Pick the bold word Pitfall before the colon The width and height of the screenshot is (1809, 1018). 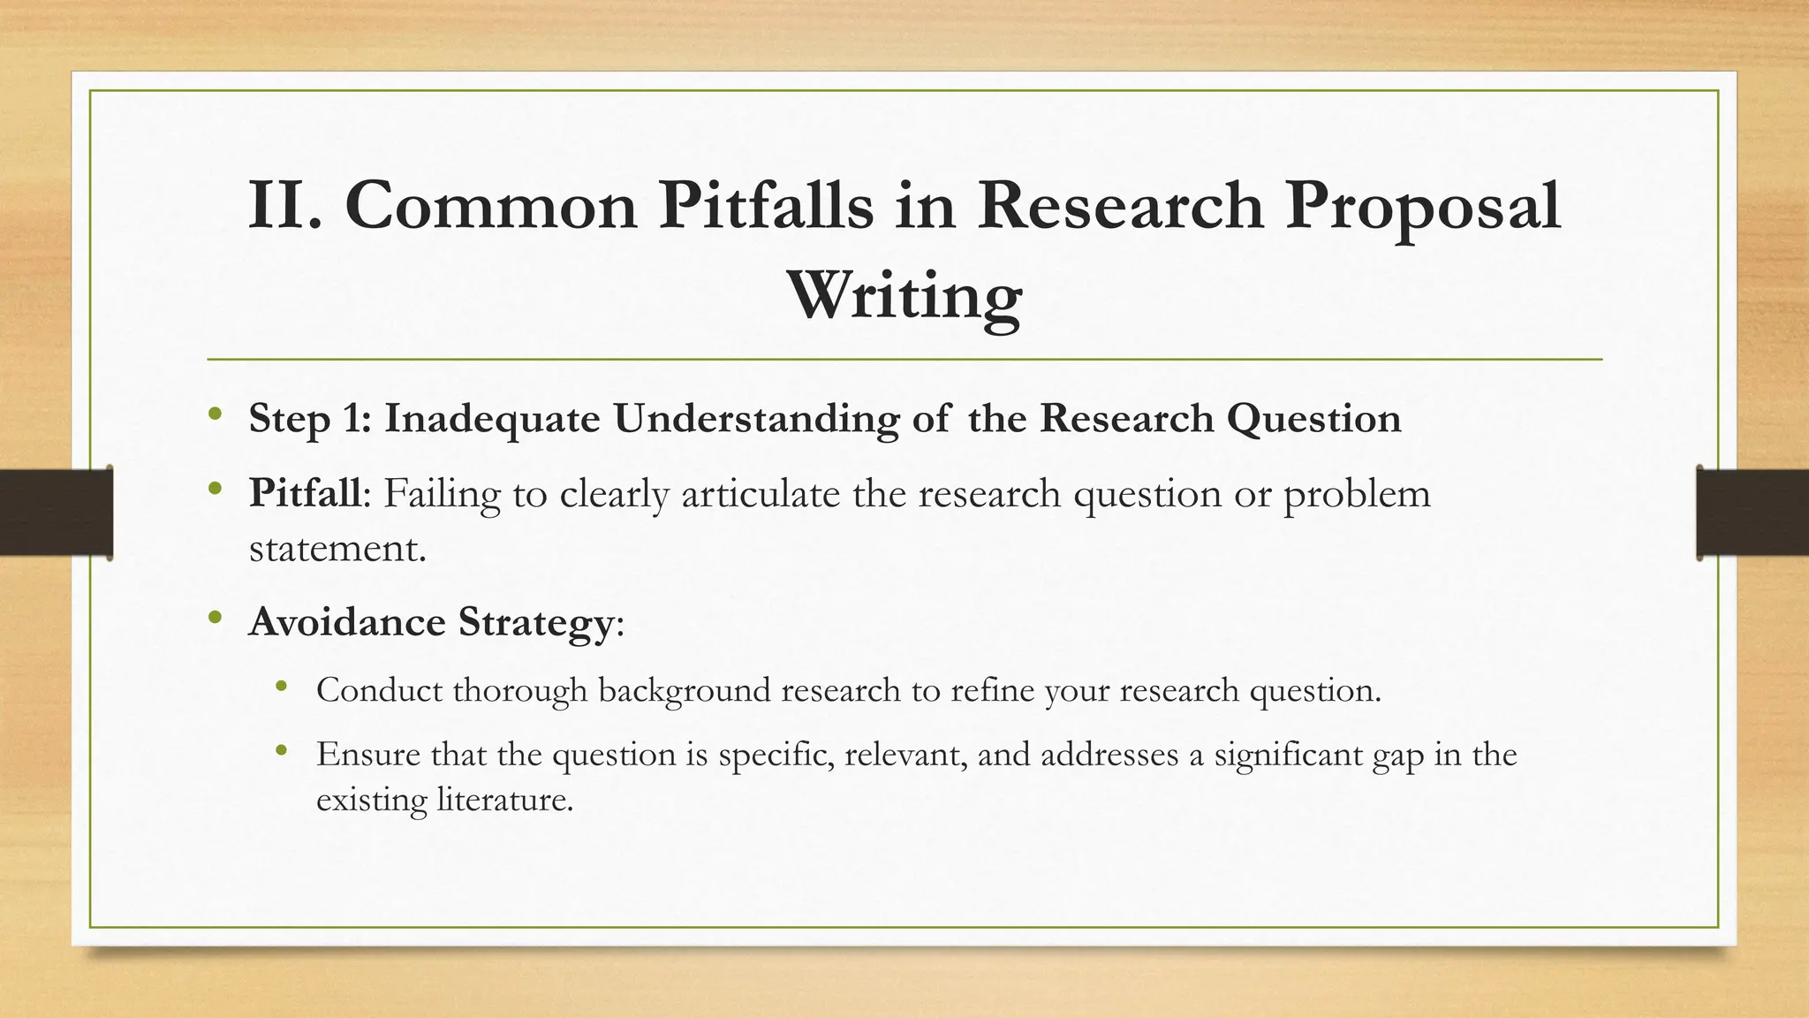point(305,493)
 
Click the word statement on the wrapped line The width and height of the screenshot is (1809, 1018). point(337,549)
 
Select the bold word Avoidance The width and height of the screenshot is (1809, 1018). point(347,622)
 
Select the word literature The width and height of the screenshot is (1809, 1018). point(505,801)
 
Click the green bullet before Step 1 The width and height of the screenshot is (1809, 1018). point(216,414)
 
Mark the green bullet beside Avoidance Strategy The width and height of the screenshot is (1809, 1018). point(216,619)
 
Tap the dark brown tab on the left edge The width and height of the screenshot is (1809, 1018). point(56,513)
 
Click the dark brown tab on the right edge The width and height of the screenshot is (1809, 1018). point(1752,513)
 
